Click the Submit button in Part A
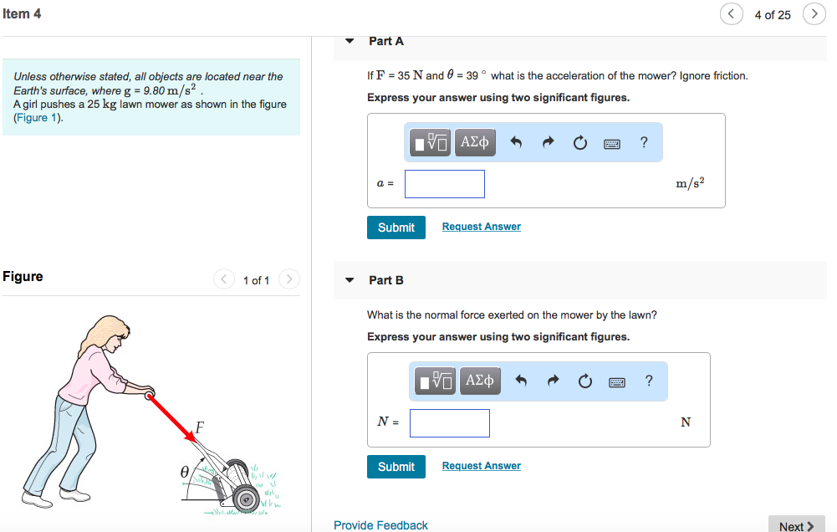(396, 228)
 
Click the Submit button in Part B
(396, 467)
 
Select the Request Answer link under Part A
(481, 227)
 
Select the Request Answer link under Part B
(481, 466)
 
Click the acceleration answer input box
(444, 184)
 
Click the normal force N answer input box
(449, 423)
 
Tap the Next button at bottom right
(795, 525)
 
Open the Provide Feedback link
(380, 525)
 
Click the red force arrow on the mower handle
(170, 416)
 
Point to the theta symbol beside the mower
(185, 473)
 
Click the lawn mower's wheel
(247, 499)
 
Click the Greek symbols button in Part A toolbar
(474, 142)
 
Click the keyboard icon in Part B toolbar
(617, 382)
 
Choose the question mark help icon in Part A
(644, 142)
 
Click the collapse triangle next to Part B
(350, 280)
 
